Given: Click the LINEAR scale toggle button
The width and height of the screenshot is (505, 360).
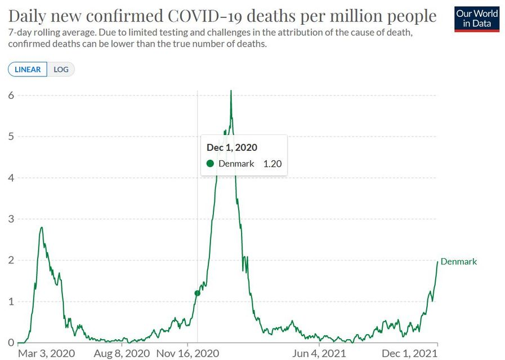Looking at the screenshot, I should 28,69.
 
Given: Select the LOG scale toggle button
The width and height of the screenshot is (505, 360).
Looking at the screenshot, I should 61,69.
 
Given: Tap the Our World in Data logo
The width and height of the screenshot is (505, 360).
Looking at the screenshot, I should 476,19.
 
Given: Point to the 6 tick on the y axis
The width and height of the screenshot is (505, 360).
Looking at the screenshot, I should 11,95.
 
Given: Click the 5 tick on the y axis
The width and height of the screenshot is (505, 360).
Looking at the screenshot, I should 11,137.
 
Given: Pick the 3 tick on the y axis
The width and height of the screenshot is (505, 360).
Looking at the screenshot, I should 11,219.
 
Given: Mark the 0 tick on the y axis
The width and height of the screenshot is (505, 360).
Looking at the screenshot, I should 11,343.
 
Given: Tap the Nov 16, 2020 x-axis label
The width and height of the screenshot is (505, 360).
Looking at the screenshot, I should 188,353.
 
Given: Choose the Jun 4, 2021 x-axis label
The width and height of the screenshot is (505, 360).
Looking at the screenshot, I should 319,353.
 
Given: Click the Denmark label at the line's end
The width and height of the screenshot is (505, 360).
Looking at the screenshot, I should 458,262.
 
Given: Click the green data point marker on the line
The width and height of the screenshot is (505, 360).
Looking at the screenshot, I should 197,293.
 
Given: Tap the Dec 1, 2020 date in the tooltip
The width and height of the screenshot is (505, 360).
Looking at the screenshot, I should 232,147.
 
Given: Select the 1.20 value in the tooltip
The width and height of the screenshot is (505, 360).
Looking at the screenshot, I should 272,164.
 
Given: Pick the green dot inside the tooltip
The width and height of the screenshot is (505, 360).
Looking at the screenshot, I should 211,164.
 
